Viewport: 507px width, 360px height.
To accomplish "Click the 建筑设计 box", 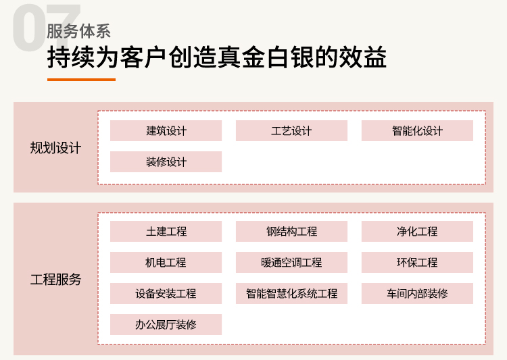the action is (166, 131).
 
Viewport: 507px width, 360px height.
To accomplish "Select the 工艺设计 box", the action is (291, 131).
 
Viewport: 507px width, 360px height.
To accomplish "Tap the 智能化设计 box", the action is (417, 131).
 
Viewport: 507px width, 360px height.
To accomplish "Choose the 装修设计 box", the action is (166, 161).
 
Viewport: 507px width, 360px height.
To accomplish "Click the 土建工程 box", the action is (166, 232).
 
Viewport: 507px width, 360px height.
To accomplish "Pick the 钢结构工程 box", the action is (291, 232).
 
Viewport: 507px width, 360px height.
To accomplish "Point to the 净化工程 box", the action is (417, 232).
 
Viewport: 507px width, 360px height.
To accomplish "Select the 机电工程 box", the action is (166, 263).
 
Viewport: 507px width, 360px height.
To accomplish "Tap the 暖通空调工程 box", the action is (291, 263).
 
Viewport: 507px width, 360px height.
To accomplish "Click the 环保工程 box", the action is (417, 263).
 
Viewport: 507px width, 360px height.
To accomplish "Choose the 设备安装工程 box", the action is (166, 293).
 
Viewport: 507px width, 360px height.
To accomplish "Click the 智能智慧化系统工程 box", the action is (291, 293).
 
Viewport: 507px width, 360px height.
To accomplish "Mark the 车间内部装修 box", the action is (417, 293).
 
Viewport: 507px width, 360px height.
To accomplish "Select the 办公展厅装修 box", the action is (166, 324).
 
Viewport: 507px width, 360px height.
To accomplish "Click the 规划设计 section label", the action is (55, 148).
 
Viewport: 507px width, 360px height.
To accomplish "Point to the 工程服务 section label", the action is (55, 280).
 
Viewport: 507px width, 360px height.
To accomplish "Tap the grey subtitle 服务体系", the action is (78, 31).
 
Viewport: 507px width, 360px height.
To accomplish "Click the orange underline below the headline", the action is (82, 80).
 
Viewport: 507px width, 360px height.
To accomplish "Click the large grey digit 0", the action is (29, 28).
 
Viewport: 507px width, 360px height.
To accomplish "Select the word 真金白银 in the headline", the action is (266, 57).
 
